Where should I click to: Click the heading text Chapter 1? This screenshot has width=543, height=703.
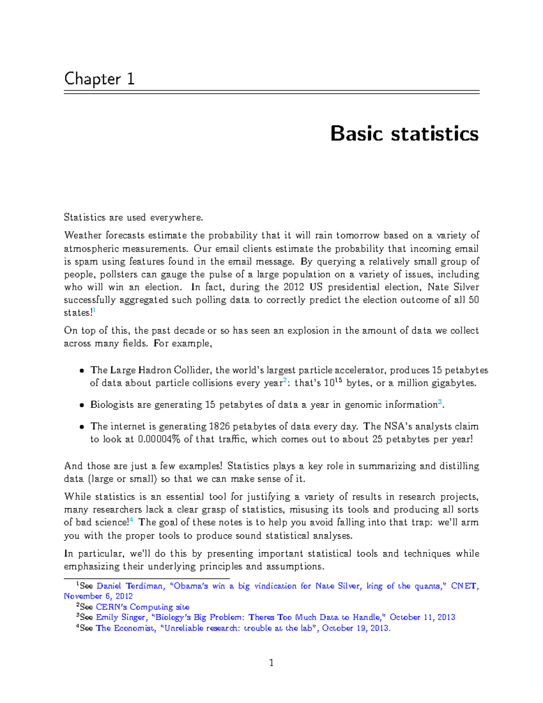click(x=99, y=79)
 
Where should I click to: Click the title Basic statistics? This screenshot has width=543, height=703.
click(x=404, y=134)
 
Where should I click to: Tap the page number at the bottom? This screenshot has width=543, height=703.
click(x=271, y=663)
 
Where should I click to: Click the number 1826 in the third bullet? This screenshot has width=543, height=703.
click(x=219, y=426)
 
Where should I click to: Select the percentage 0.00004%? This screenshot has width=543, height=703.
click(x=159, y=439)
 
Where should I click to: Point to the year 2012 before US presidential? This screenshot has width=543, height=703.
click(x=294, y=287)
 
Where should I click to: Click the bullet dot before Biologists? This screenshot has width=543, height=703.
click(x=81, y=405)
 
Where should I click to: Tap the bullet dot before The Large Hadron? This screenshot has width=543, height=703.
click(x=81, y=371)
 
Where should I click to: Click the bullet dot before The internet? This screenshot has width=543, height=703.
click(x=81, y=427)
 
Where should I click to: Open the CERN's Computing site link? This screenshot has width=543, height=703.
click(x=142, y=607)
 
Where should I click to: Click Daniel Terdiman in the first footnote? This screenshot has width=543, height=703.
click(x=129, y=586)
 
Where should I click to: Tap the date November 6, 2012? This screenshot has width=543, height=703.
click(x=98, y=596)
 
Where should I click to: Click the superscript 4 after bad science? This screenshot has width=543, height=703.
click(x=131, y=520)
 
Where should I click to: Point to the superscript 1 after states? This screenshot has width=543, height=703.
click(x=94, y=310)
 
